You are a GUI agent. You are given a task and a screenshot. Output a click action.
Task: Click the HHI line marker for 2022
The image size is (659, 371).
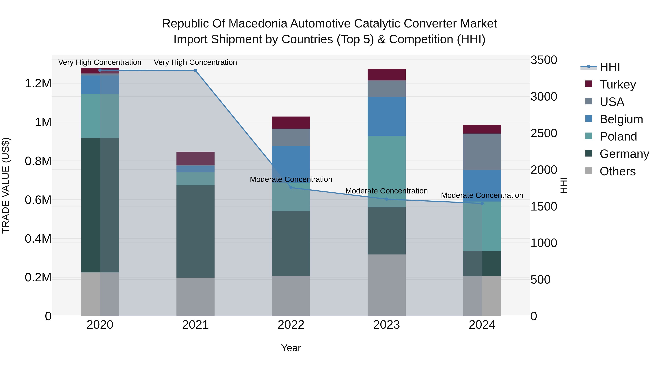point(291,188)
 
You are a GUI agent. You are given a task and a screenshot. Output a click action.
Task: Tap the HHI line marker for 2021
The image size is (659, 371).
point(196,70)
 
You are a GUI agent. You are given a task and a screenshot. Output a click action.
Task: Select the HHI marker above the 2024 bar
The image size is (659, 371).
point(482,203)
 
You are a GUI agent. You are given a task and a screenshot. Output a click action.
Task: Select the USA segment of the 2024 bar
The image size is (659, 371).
point(482,152)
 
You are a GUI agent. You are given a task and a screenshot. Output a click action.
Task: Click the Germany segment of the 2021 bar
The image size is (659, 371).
point(196,231)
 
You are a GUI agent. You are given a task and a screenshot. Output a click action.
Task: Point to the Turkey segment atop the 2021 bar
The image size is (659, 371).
point(196,158)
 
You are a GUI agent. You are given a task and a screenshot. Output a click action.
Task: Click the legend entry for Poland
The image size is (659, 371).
point(618,136)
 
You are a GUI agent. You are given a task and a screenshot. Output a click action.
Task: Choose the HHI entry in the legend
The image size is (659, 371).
point(609,67)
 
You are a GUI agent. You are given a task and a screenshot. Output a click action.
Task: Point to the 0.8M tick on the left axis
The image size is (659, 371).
point(38,161)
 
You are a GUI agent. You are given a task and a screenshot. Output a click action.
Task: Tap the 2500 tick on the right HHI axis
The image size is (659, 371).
point(544,133)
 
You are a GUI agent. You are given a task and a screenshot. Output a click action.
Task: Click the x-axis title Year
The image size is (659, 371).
point(291,348)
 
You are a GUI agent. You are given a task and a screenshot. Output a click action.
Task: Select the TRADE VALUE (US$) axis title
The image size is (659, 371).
point(6,185)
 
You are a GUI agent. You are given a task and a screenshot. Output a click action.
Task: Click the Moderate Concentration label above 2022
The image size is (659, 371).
point(291,179)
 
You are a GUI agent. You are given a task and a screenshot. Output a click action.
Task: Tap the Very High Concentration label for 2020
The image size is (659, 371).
point(100,62)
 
